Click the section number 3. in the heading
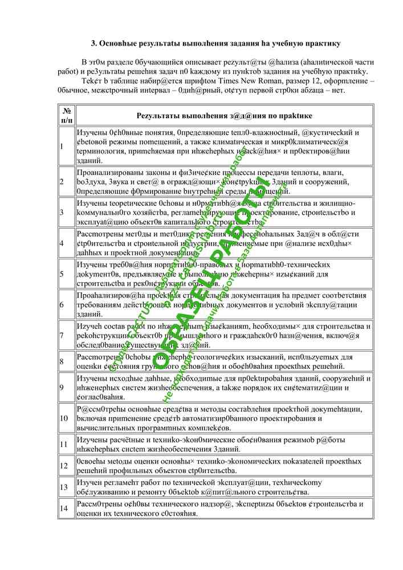coord(96,43)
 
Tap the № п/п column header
coord(67,115)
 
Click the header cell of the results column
coord(224,115)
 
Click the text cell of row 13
coord(223,487)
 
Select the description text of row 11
coord(223,445)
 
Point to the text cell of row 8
coord(223,361)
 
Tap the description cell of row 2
coord(223,182)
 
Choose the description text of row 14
coord(223,508)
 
